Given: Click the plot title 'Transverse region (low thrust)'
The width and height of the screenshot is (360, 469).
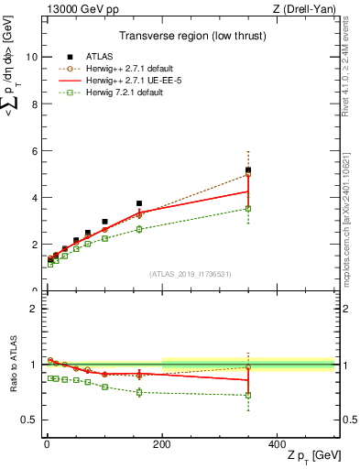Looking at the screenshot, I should [191, 38].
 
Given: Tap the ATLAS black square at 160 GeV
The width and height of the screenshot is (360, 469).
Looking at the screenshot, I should [139, 203].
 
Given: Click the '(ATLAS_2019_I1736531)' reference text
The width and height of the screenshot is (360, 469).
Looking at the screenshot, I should [191, 274].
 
